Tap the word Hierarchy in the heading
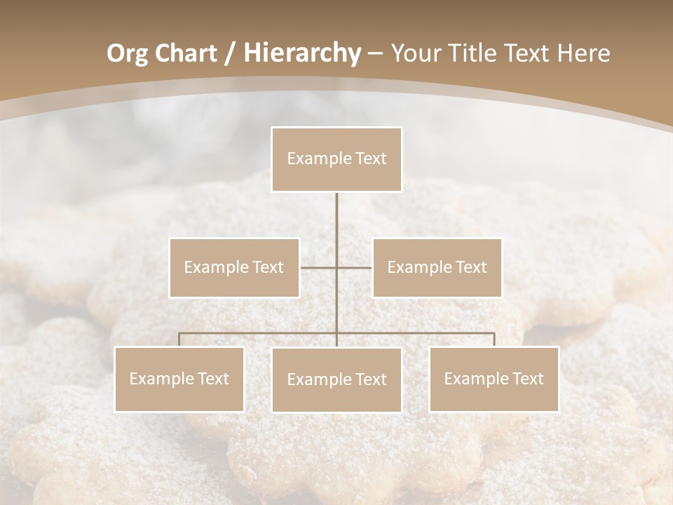pos(302,53)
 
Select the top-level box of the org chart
pos(336,159)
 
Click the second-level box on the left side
pos(234,267)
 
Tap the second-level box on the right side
pos(437,267)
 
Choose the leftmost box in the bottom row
pos(179,379)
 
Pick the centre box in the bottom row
pos(336,379)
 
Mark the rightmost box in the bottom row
pos(494,379)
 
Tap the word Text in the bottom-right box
pos(527,379)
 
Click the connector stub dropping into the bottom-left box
pos(179,339)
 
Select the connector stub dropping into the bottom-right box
pos(494,339)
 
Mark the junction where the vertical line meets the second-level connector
pos(336,267)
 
